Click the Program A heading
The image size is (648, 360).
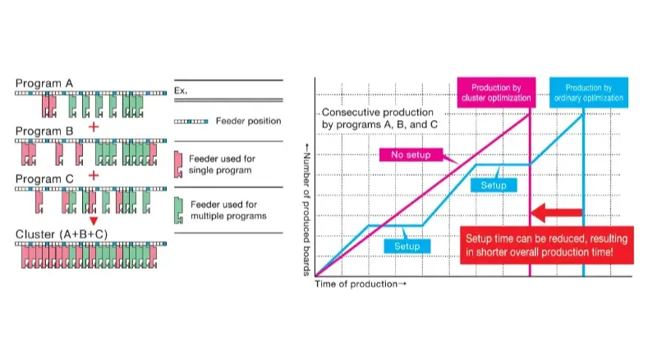click(44, 84)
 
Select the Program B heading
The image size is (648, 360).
click(44, 132)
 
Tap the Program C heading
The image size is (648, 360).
click(44, 179)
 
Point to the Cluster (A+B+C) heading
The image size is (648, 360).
click(62, 234)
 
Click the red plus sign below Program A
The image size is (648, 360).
click(94, 127)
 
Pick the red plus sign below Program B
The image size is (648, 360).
click(94, 175)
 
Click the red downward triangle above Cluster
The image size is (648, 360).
click(94, 221)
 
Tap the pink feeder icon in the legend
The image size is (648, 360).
click(178, 164)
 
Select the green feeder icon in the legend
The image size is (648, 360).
click(178, 210)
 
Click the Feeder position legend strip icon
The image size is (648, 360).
click(191, 122)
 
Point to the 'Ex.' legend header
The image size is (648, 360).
click(181, 90)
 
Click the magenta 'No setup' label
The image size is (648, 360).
click(411, 155)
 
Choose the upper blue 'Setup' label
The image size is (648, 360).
click(494, 186)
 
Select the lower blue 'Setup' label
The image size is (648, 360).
click(407, 247)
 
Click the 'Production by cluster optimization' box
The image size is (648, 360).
click(496, 93)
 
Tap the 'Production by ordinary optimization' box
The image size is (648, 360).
click(589, 93)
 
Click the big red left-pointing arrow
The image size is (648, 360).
click(556, 213)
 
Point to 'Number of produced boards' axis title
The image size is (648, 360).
click(306, 210)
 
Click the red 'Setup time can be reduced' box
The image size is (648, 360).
click(547, 245)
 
